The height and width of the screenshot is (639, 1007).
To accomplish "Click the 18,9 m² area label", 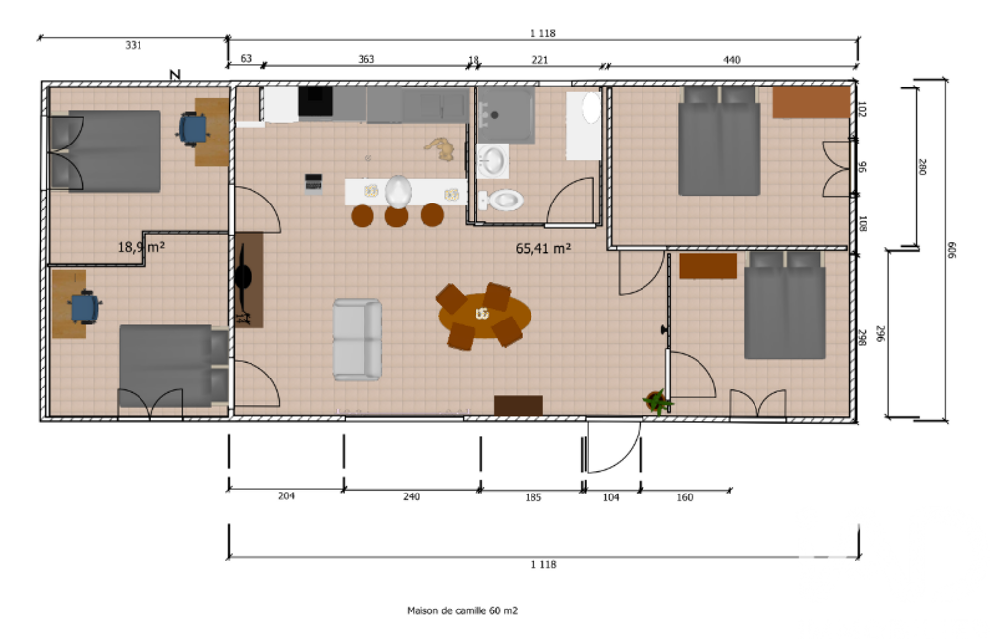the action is tap(141, 247).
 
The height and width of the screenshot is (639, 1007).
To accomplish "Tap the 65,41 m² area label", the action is tap(543, 248).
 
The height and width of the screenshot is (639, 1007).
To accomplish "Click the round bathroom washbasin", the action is tap(492, 160).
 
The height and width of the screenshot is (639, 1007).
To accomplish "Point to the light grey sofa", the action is tap(357, 339).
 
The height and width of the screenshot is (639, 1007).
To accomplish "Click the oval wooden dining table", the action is tap(485, 315).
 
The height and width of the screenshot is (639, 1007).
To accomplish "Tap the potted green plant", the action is tap(656, 402).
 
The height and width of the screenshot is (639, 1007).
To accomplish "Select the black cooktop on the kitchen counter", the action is tap(315, 101).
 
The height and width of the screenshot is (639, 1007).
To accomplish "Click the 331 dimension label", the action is tap(133, 45).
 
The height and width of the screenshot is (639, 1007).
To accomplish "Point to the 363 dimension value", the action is tap(366, 59).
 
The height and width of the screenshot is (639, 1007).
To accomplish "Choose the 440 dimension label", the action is tap(732, 60).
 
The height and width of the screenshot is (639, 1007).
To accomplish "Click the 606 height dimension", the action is tap(952, 250).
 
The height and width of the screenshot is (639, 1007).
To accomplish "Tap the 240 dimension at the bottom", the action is tap(411, 496).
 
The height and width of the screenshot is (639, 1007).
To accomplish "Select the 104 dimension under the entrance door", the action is tap(611, 497).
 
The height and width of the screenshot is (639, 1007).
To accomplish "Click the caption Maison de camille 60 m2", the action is tap(462, 610).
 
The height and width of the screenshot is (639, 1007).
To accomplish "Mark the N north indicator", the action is tap(175, 75).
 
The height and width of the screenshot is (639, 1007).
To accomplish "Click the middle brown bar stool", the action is tap(396, 216).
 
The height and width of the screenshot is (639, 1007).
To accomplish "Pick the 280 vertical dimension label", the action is tap(923, 167).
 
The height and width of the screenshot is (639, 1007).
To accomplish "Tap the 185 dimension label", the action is tap(533, 497).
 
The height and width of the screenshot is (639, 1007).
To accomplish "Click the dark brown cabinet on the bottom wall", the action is tap(519, 406).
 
